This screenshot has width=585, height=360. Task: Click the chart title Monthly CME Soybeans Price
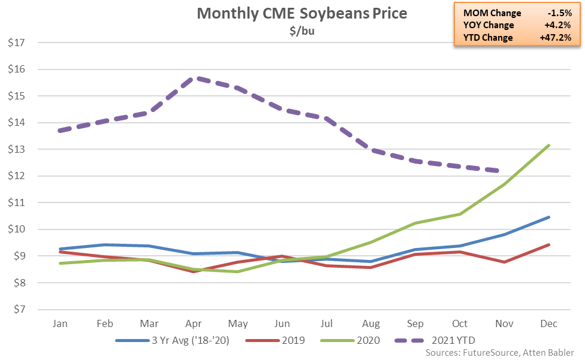[301, 14]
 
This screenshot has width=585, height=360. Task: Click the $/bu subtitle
[301, 31]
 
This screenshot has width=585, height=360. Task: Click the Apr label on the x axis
[194, 323]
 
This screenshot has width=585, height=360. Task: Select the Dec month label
[548, 323]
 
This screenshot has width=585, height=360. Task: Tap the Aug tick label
[371, 323]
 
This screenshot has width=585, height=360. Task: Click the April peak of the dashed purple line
[194, 78]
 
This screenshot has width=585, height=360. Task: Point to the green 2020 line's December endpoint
[548, 146]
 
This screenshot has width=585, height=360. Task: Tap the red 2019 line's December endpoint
[548, 244]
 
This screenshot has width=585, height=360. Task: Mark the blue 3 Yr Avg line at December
[548, 217]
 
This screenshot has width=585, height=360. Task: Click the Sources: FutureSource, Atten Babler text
[500, 353]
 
